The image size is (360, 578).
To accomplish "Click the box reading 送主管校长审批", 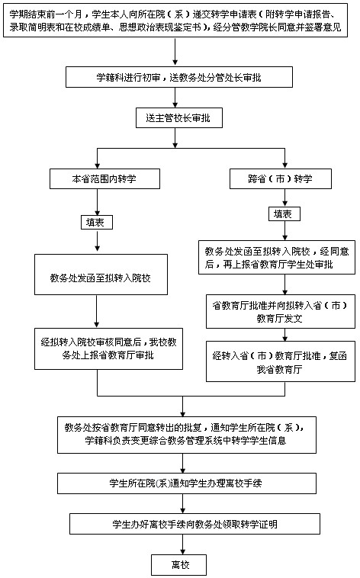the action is (x=179, y=118).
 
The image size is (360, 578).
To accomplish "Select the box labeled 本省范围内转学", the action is (x=104, y=179).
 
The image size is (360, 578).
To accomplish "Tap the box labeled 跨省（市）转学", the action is (x=281, y=179).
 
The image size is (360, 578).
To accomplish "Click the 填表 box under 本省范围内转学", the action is (x=97, y=223).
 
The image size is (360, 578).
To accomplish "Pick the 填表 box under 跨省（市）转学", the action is (x=284, y=214).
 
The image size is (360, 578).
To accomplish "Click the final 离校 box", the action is (x=179, y=565).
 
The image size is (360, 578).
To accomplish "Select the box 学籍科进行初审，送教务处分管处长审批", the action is (x=179, y=77).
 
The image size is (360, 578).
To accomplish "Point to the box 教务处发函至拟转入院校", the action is (x=101, y=275).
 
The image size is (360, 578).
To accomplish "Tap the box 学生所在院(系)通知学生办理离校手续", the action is (x=187, y=483).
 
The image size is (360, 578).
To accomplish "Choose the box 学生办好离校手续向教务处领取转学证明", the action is (x=194, y=524).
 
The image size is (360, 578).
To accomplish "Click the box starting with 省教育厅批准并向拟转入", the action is (x=281, y=311).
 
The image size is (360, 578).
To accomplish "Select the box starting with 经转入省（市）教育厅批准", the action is (x=281, y=361).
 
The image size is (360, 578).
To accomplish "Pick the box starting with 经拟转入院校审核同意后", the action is (x=108, y=348).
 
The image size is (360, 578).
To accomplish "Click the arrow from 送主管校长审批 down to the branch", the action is (x=175, y=138).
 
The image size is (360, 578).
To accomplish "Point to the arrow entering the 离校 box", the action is (x=182, y=544).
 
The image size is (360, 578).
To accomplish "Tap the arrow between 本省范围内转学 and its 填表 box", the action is (x=97, y=202).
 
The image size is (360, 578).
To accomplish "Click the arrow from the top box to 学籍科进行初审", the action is (x=175, y=52).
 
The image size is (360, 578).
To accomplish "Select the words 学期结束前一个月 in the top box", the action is (x=46, y=14).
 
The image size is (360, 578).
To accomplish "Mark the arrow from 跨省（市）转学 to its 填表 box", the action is (x=284, y=198).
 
